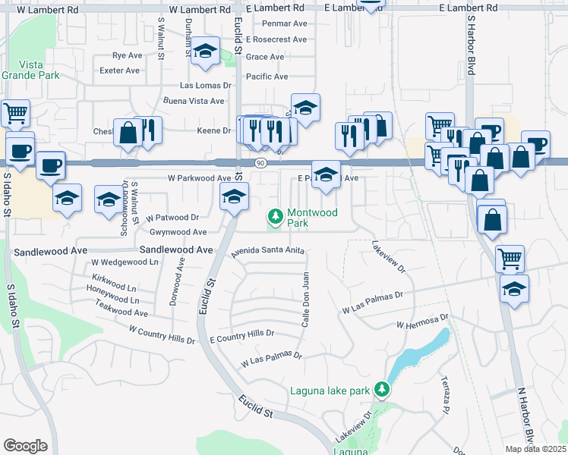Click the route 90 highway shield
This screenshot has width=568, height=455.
(260, 162)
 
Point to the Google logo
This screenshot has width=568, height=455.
(25, 445)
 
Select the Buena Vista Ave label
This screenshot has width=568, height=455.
(194, 100)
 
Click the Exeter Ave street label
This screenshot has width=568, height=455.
(120, 71)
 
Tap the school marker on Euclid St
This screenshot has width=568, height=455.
(234, 197)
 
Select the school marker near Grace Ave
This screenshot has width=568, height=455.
(204, 51)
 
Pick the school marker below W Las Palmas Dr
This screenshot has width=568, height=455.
(515, 289)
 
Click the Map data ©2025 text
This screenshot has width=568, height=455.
(535, 449)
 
